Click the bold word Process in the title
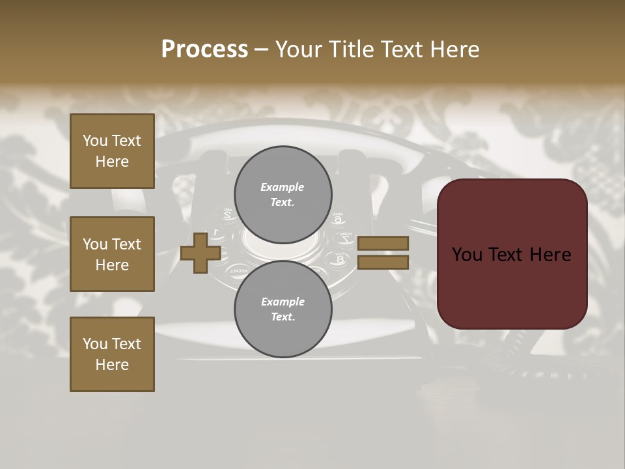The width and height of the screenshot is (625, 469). coord(204,50)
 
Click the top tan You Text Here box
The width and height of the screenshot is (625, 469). coord(112,151)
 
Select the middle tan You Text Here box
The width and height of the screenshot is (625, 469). coord(112,254)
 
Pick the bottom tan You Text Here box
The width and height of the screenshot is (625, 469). coord(112,354)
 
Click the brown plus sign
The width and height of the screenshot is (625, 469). coord(201,253)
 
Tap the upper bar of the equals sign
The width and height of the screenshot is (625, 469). coord(383,243)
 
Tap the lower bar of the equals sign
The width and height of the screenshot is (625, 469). coord(383,262)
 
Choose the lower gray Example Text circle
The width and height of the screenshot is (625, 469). coord(283,309)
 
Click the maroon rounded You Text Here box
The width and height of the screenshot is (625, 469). coord(512,254)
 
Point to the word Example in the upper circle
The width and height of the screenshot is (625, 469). coord(282,187)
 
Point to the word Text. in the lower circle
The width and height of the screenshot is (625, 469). coord(283,317)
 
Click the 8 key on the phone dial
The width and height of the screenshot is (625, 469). coord(340,259)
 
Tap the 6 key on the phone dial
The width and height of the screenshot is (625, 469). coord(338,218)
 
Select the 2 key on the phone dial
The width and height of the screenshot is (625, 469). coord(227,213)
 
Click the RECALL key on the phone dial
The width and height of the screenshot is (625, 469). coord(238,269)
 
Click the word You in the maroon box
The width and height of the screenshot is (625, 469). coord(467,255)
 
